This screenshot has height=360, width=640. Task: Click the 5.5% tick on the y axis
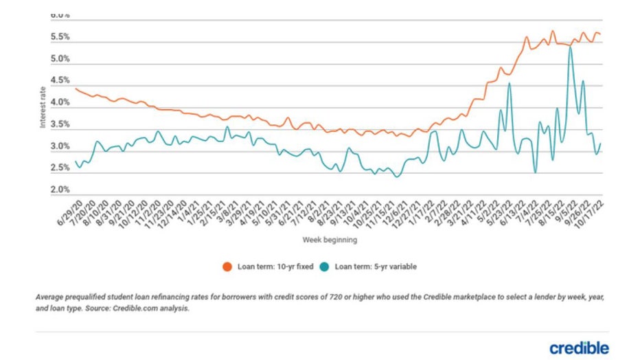60,37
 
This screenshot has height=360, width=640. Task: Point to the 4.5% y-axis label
60,80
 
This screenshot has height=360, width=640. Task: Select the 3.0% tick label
60,146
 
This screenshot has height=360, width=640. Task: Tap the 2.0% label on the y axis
60,190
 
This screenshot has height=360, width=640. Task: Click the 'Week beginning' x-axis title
330,240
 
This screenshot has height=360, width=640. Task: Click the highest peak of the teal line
570,47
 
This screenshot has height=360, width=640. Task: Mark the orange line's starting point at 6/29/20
76,88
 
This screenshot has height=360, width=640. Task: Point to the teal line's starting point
76,161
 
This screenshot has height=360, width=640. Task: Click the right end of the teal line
601,144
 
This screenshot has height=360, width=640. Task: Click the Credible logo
579,348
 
